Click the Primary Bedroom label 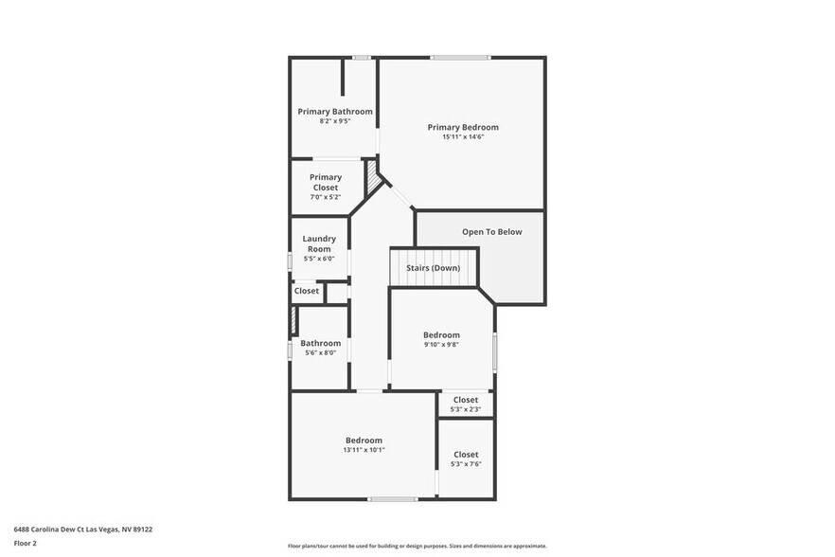pyautogui.click(x=462, y=127)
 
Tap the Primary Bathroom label pyautogui.click(x=335, y=111)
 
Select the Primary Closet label pyautogui.click(x=325, y=182)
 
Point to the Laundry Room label pyautogui.click(x=319, y=243)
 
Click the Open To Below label pyautogui.click(x=491, y=231)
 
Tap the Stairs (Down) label pyautogui.click(x=434, y=268)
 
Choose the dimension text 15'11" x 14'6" pyautogui.click(x=463, y=137)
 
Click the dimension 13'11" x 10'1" pyautogui.click(x=364, y=450)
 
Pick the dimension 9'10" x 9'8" pyautogui.click(x=441, y=345)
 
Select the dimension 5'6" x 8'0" pyautogui.click(x=320, y=352)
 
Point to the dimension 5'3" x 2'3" pyautogui.click(x=466, y=409)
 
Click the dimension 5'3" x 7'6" pyautogui.click(x=466, y=464)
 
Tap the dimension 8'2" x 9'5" pyautogui.click(x=335, y=121)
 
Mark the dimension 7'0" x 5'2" pyautogui.click(x=325, y=197)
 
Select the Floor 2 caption pyautogui.click(x=26, y=544)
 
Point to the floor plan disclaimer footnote pyautogui.click(x=417, y=546)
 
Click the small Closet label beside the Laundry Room pyautogui.click(x=307, y=291)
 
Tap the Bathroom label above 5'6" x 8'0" pyautogui.click(x=321, y=343)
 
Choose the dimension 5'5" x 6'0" pyautogui.click(x=319, y=259)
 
